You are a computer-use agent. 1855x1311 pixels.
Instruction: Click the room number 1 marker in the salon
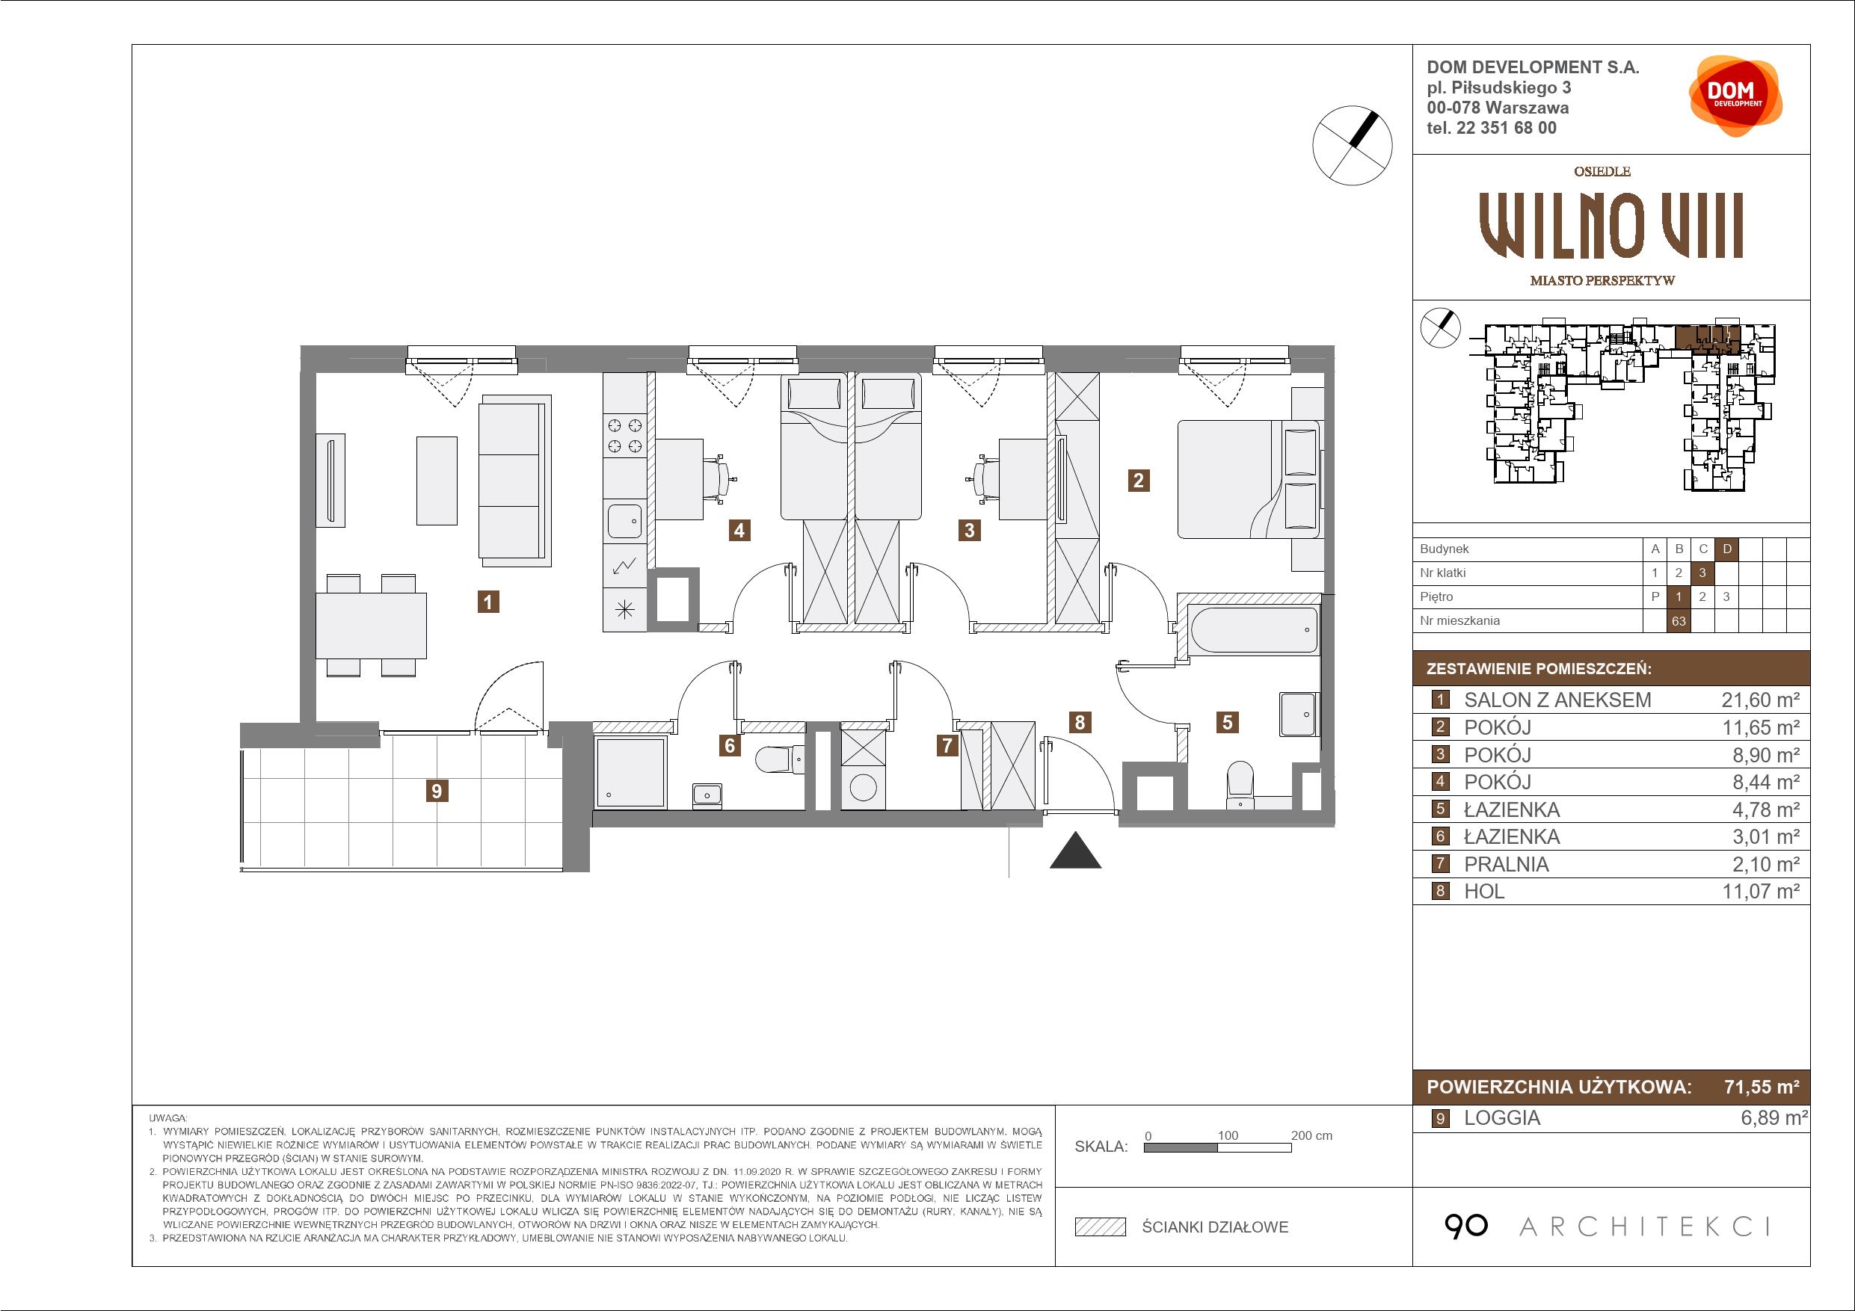[487, 602]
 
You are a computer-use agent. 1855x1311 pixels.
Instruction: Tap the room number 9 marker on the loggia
[437, 791]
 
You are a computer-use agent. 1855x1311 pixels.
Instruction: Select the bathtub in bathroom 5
[1247, 629]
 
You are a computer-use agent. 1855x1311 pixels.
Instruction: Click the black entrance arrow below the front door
[1075, 850]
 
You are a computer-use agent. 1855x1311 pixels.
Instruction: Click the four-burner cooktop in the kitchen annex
[624, 436]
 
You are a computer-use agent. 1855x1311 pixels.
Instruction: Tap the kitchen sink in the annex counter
[624, 521]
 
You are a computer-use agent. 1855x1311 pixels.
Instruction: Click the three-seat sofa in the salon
[514, 481]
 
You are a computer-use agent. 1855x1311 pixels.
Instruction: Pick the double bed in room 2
[1249, 479]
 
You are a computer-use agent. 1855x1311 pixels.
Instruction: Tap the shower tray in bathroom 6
[630, 772]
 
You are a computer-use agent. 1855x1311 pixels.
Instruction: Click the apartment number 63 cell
[1679, 621]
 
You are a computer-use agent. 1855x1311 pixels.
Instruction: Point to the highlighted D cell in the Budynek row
[1727, 549]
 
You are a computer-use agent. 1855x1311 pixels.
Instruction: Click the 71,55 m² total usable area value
[1762, 1087]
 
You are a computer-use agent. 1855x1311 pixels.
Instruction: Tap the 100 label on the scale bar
[1228, 1135]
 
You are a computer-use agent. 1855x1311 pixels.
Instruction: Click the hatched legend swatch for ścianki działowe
[1101, 1227]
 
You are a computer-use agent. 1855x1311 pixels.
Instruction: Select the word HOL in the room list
[1484, 891]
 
